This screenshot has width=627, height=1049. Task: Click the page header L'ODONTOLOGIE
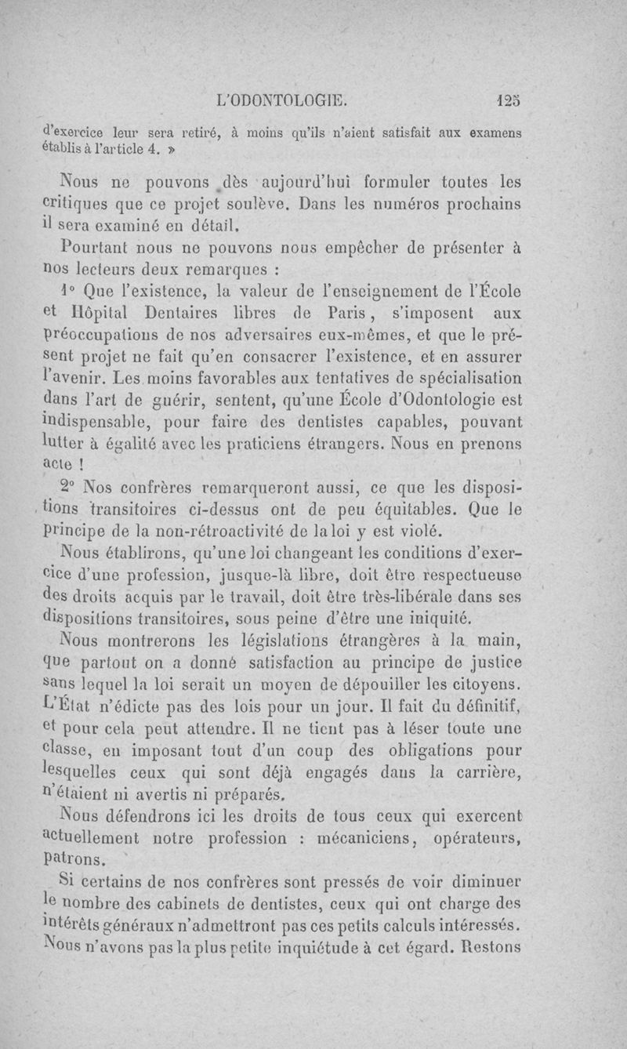(x=285, y=100)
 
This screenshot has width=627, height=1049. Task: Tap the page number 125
(x=508, y=100)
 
